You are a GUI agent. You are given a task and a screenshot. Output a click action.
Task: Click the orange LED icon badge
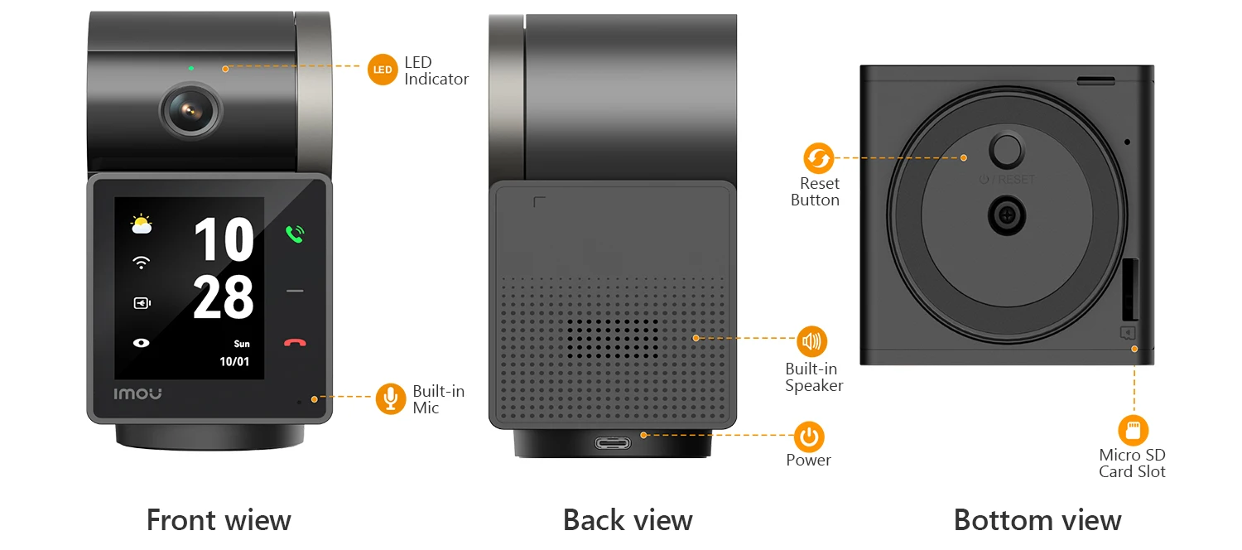point(383,70)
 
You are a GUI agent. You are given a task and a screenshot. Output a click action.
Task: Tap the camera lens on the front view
point(190,111)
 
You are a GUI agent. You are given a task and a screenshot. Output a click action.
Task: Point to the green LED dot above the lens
point(191,68)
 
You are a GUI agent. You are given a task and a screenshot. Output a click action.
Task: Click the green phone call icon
point(295,234)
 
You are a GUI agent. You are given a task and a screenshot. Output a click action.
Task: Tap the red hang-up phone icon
point(295,343)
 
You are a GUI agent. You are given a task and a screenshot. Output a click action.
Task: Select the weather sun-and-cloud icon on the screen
point(142,224)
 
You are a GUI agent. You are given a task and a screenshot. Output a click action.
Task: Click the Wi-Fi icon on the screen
point(142,263)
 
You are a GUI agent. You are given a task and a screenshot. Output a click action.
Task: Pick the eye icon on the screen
point(142,343)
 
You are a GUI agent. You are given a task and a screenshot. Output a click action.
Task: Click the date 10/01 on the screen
point(234,361)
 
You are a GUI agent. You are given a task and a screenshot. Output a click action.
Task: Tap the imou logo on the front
point(137,393)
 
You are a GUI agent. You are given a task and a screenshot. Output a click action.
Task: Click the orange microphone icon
point(391,398)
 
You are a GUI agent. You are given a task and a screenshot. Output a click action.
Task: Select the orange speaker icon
point(811,341)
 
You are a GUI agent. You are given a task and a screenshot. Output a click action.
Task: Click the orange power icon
point(809,437)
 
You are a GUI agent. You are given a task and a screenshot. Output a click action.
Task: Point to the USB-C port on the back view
point(613,443)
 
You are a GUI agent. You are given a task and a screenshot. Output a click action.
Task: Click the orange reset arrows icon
point(819,158)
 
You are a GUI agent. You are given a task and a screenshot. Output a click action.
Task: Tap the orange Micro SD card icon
point(1134,430)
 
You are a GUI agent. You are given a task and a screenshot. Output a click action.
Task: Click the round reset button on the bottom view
point(1007,149)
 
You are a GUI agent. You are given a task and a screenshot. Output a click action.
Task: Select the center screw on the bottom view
point(1007,215)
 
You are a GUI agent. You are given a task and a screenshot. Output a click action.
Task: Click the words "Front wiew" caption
point(219,520)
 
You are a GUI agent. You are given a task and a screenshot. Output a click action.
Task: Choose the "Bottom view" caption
point(1037,520)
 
